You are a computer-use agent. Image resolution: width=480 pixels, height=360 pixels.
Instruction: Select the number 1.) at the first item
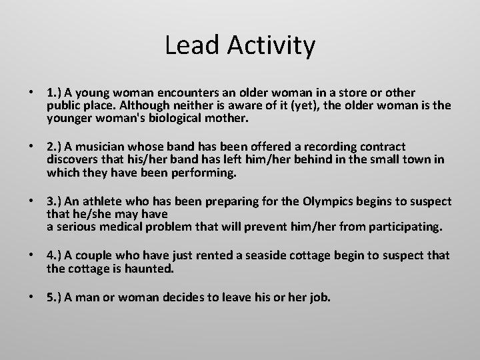click(55, 91)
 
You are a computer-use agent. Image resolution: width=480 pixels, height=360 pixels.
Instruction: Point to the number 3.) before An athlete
click(55, 201)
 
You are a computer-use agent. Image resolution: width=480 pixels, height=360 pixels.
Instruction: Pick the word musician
click(100, 146)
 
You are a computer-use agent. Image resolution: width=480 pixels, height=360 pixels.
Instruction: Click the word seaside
click(303, 255)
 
